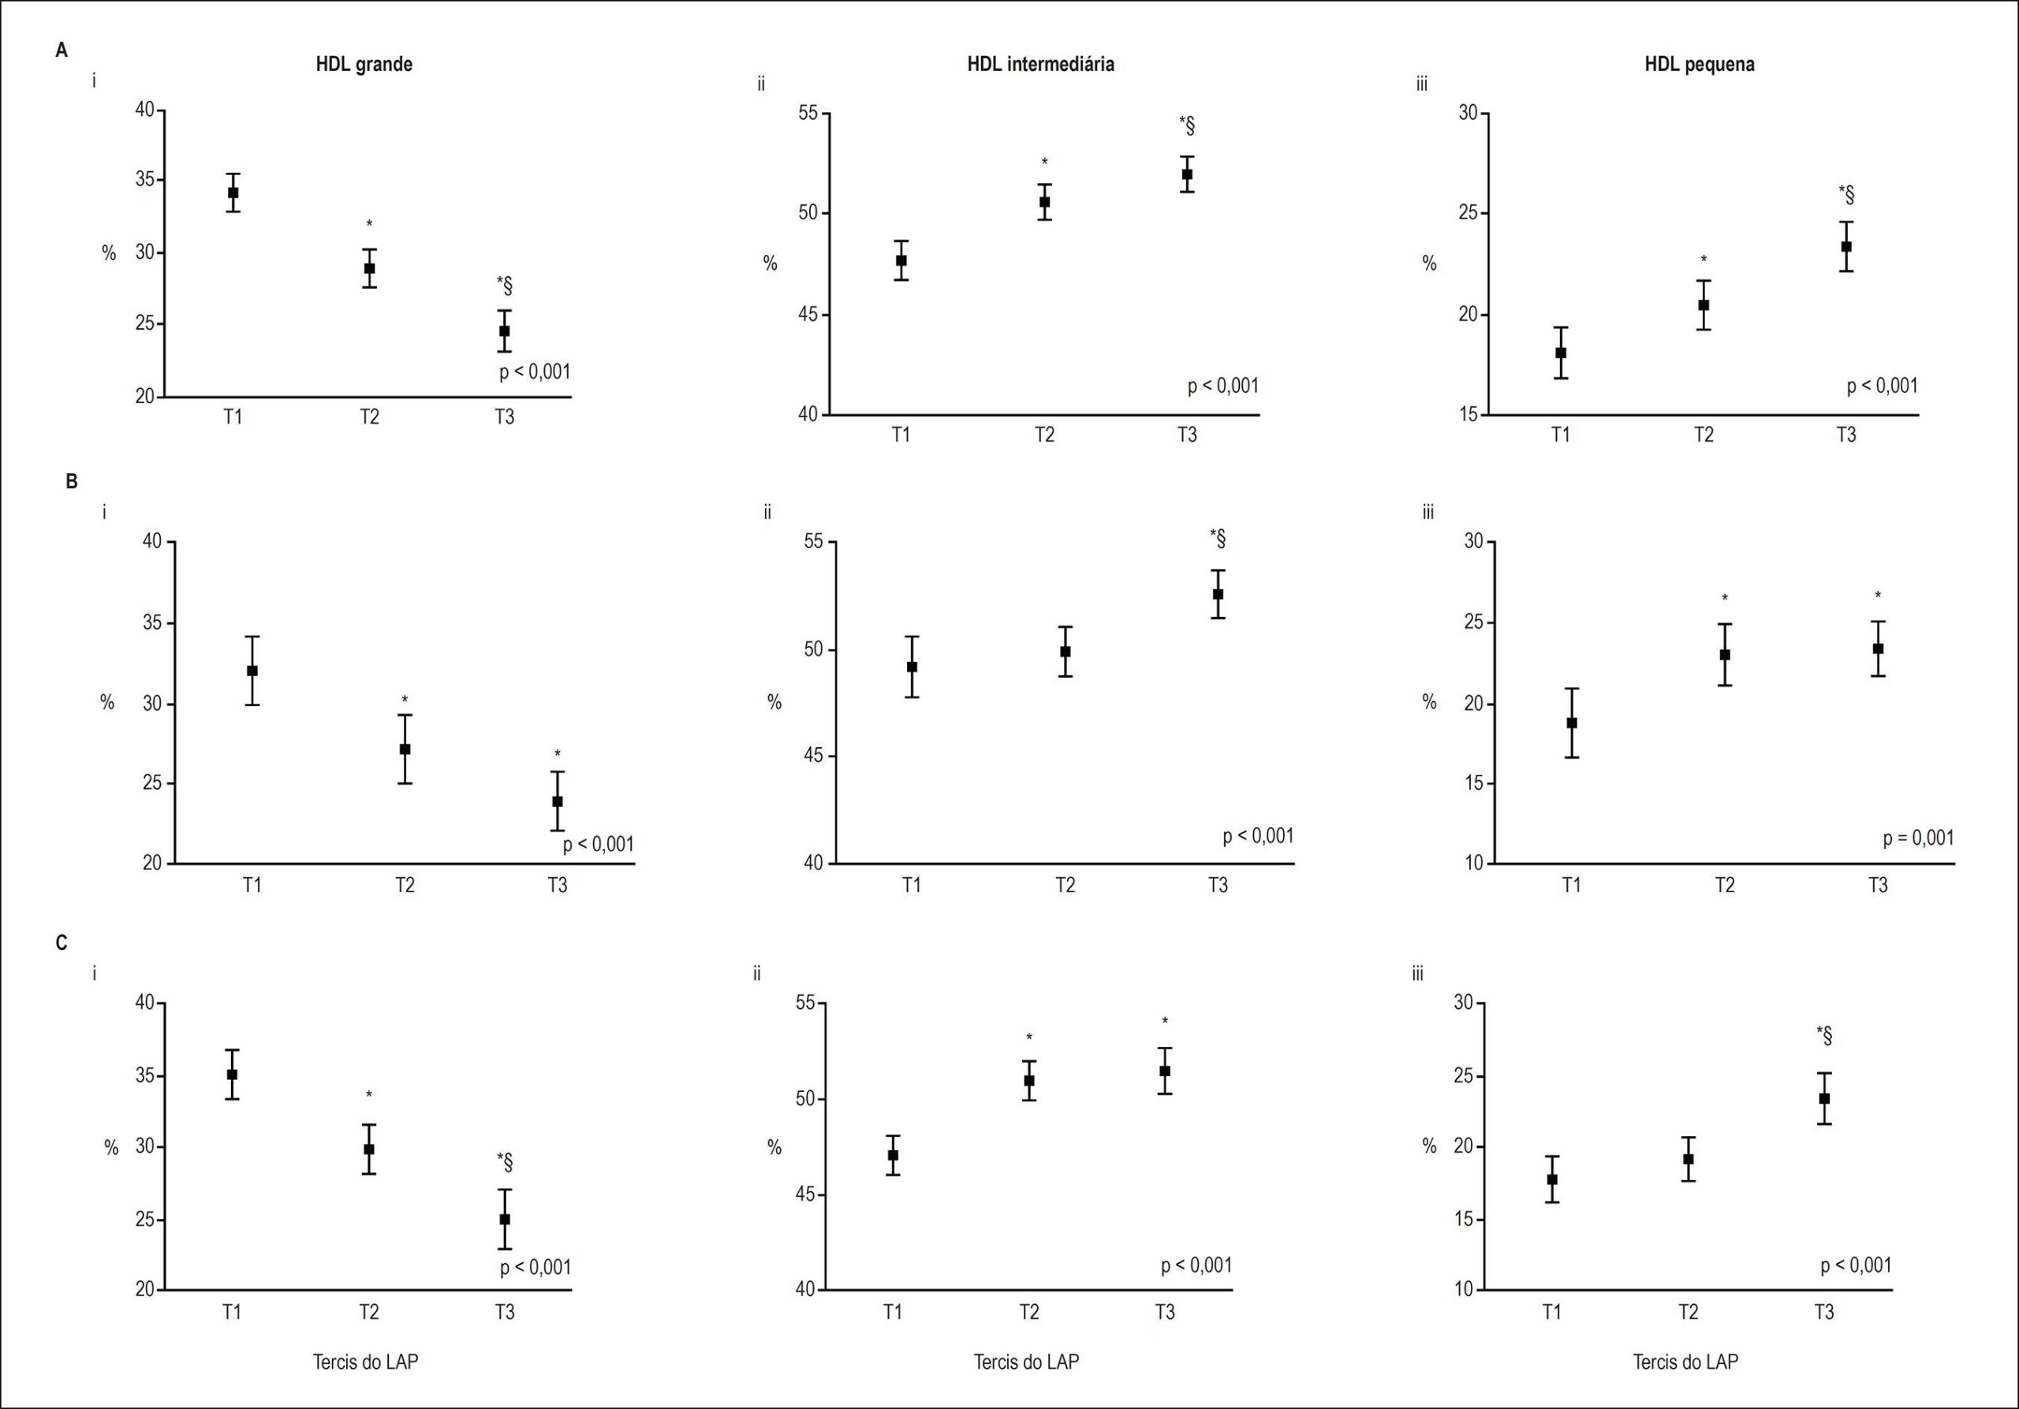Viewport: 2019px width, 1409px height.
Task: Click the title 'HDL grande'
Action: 364,64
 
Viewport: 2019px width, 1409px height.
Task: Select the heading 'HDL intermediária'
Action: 1040,64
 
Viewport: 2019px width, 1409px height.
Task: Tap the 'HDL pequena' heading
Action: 1700,64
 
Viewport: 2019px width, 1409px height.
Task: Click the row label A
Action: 62,50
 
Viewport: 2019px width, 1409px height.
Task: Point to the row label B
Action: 72,481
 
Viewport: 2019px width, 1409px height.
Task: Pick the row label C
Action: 62,943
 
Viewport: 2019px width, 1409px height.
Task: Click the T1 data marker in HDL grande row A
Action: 233,192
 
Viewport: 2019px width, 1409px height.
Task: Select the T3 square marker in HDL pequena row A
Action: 1846,246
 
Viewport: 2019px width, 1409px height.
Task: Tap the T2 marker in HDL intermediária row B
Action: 1065,652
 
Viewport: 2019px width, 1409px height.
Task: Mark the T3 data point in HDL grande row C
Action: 505,1219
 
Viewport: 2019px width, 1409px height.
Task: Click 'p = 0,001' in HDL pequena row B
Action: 1919,838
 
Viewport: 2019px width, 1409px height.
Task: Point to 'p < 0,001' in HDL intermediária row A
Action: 1223,385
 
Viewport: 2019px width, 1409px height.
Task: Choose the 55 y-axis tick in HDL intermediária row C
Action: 805,1003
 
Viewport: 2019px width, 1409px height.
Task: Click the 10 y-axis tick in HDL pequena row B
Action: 1474,864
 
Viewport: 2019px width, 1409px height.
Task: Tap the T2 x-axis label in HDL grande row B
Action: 405,885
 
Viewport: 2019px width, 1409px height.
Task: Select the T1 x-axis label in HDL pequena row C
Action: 1552,1312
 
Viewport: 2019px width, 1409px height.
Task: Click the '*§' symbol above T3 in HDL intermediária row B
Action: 1218,538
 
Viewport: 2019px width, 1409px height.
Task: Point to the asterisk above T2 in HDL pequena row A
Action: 1704,260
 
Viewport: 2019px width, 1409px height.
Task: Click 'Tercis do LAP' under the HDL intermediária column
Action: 1026,1362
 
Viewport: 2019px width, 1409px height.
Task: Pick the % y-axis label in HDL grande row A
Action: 109,253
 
